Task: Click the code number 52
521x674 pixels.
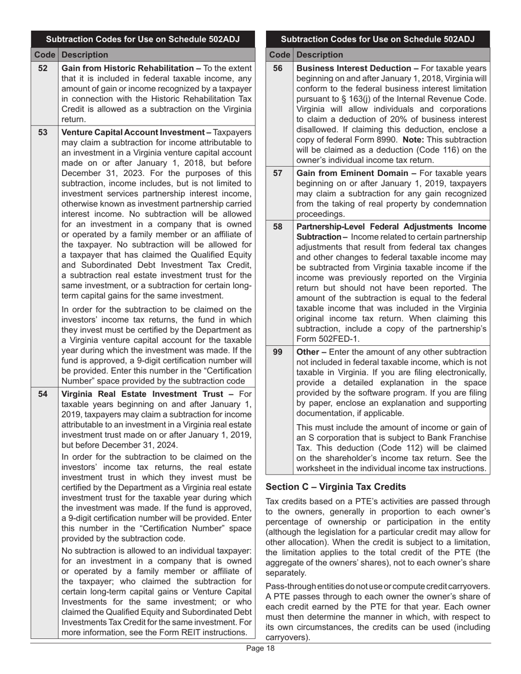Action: tap(43, 68)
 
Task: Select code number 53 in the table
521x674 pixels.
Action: tap(43, 133)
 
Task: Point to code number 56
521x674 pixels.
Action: tap(278, 68)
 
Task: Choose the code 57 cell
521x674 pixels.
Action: tap(278, 173)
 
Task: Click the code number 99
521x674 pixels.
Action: tap(278, 352)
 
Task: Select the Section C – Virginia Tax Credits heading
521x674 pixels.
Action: tap(336, 487)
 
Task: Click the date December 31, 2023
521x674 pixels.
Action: tap(99, 173)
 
